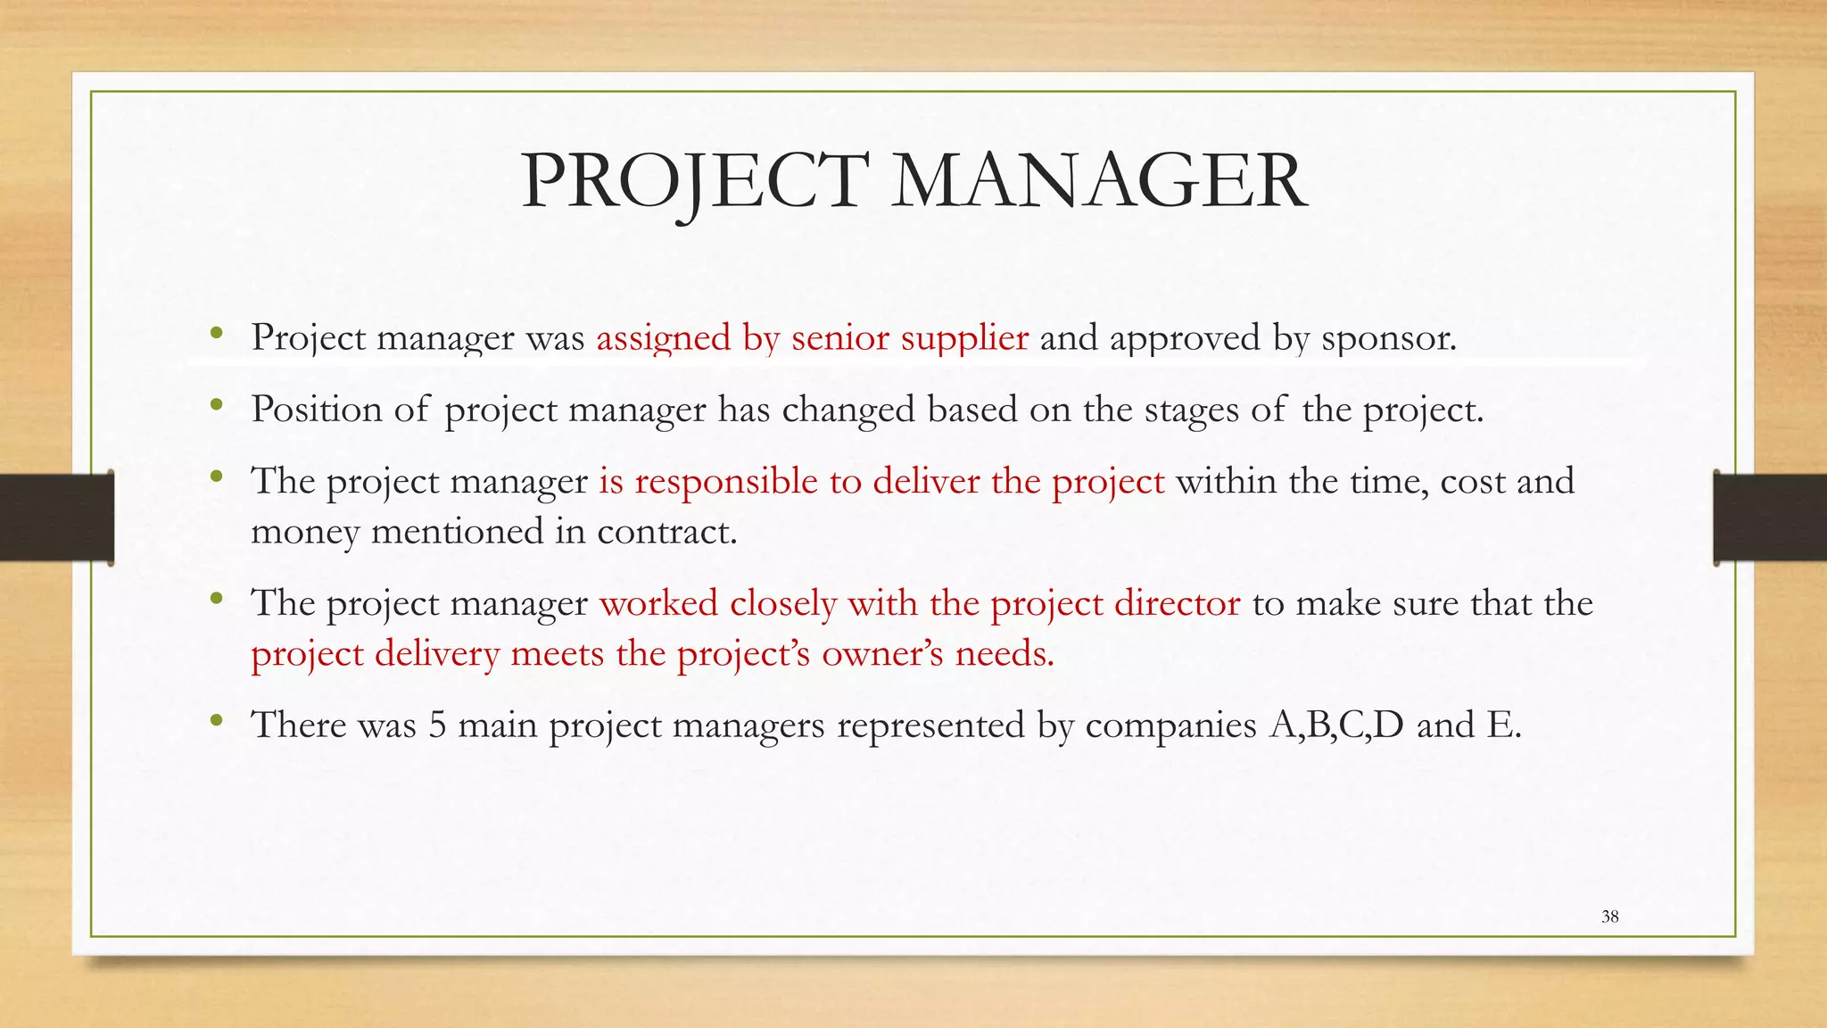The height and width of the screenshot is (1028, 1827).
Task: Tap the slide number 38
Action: tap(1609, 916)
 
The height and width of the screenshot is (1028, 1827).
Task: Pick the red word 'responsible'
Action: tap(726, 482)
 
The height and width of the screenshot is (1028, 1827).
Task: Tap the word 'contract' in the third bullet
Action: tap(665, 533)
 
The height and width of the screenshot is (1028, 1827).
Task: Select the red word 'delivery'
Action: tap(437, 655)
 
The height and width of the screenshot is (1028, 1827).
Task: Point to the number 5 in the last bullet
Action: tap(437, 725)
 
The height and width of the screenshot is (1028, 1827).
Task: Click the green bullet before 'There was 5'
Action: tap(216, 721)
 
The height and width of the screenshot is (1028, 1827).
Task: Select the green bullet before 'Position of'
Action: tap(216, 406)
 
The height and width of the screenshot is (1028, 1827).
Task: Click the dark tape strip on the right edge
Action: tap(1770, 518)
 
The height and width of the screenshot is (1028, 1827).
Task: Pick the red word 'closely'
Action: tap(782, 604)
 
